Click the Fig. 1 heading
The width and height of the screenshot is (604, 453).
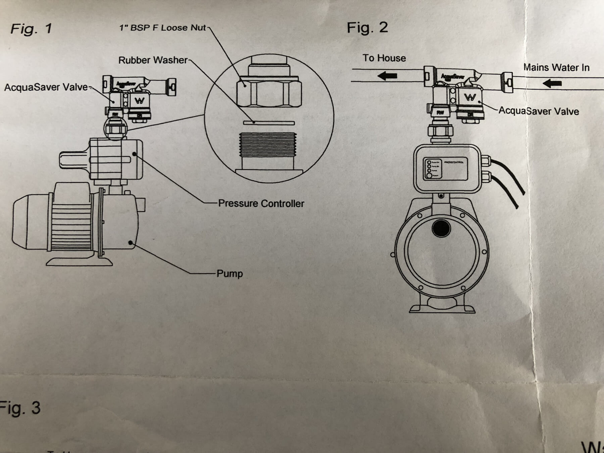coord(31,29)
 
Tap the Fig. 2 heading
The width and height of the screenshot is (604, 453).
coord(367,28)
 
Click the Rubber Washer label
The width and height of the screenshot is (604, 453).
coord(153,60)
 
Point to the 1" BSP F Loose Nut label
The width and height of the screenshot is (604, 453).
coord(163,28)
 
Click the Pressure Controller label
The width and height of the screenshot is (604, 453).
coord(261,203)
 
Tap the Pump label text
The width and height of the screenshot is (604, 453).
coord(230,273)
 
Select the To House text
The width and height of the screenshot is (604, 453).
coord(384,58)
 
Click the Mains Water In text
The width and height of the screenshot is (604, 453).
coord(556,67)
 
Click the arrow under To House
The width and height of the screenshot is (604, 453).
coord(388,76)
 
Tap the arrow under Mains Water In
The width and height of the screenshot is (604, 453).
coord(552,83)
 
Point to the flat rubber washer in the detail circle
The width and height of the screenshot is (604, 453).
coord(269,123)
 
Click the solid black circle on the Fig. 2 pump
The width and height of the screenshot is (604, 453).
coord(441,229)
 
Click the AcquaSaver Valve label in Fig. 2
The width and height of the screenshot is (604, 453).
coord(539,111)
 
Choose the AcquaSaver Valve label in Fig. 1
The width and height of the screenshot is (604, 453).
coord(46,87)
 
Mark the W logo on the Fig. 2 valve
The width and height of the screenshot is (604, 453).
coord(470,97)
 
